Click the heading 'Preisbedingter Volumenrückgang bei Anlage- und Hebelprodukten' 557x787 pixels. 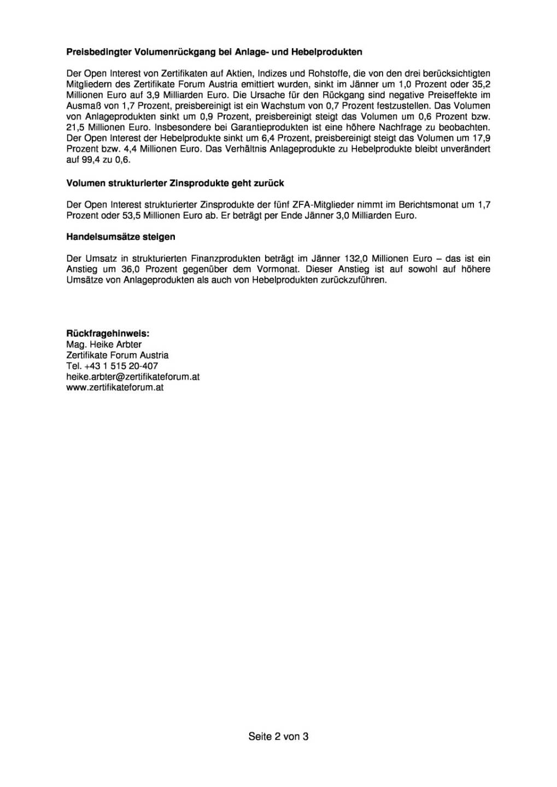[x=214, y=52]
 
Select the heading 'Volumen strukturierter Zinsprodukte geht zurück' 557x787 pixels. [x=175, y=183]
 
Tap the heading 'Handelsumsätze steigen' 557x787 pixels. [x=121, y=237]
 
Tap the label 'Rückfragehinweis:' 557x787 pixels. [x=108, y=333]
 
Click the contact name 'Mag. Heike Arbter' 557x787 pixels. [x=104, y=344]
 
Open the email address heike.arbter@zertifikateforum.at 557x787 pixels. [x=133, y=377]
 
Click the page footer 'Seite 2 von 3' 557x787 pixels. [x=278, y=736]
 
